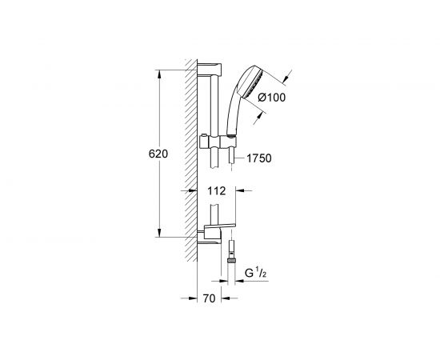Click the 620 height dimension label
pyautogui.click(x=158, y=154)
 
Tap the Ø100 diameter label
pyautogui.click(x=271, y=98)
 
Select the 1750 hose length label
pyautogui.click(x=259, y=158)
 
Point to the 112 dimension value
pyautogui.click(x=217, y=191)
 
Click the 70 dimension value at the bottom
pyautogui.click(x=209, y=298)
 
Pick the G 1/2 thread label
pyautogui.click(x=255, y=273)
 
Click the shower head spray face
pyautogui.click(x=254, y=83)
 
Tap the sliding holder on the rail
pyautogui.click(x=218, y=142)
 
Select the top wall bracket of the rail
pyautogui.click(x=210, y=70)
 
